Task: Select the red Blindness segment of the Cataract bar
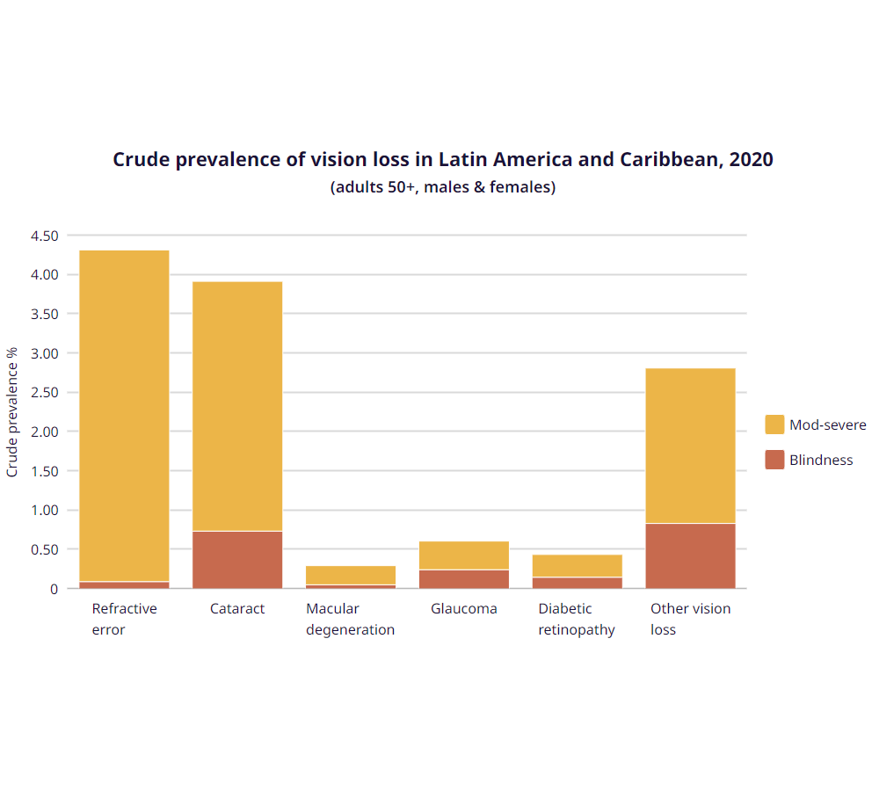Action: (237, 560)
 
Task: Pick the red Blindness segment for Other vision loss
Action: (690, 555)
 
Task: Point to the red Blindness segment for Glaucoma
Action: (464, 578)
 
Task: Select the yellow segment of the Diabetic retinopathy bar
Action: (577, 565)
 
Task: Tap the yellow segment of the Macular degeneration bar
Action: (351, 575)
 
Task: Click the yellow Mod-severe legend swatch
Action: (774, 425)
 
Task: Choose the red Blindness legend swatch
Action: (774, 460)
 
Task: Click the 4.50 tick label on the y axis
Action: (44, 236)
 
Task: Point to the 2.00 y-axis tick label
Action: (44, 432)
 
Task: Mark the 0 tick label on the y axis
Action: (54, 589)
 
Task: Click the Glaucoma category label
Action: (463, 608)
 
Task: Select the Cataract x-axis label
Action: (237, 608)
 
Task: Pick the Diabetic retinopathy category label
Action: (577, 619)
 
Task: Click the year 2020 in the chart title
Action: (752, 160)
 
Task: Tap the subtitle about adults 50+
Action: (443, 187)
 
